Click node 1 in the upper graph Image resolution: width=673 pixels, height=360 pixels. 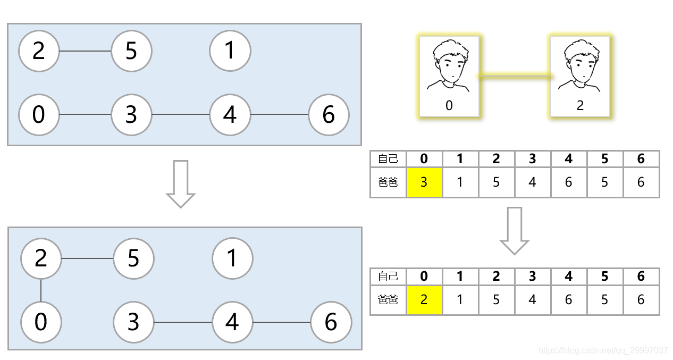click(x=230, y=51)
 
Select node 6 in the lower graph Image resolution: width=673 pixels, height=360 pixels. click(x=331, y=322)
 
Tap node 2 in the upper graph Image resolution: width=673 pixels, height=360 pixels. click(x=39, y=52)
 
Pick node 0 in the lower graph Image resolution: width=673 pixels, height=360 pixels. click(x=41, y=322)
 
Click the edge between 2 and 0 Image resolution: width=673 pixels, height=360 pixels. click(x=41, y=290)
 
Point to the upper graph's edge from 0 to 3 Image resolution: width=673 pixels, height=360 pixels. click(x=85, y=114)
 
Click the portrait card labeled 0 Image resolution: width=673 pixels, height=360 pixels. click(x=449, y=76)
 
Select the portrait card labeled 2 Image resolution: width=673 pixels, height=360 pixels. click(x=580, y=76)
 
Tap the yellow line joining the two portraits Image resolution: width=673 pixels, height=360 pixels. click(x=515, y=77)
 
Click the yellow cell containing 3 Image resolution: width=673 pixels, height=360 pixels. click(x=424, y=182)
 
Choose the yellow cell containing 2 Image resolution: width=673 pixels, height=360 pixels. click(x=424, y=300)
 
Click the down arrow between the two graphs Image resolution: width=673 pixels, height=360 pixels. click(x=181, y=184)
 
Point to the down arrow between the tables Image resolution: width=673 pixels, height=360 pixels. click(x=514, y=231)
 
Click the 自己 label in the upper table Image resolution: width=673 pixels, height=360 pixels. click(x=388, y=158)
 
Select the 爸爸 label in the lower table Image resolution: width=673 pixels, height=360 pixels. click(x=388, y=300)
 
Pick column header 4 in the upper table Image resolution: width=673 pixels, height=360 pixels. click(x=569, y=158)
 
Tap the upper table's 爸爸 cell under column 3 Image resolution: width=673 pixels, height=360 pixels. click(x=533, y=182)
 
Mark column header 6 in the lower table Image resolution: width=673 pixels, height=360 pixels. click(x=641, y=277)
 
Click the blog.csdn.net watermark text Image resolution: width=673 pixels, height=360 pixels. click(x=603, y=350)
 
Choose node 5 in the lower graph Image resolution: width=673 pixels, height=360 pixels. click(x=133, y=259)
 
